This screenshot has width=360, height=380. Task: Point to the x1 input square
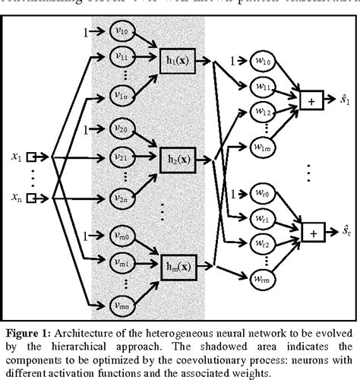[x=32, y=158]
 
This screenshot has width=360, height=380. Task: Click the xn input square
[x=32, y=198]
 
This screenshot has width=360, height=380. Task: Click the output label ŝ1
[x=344, y=99]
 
